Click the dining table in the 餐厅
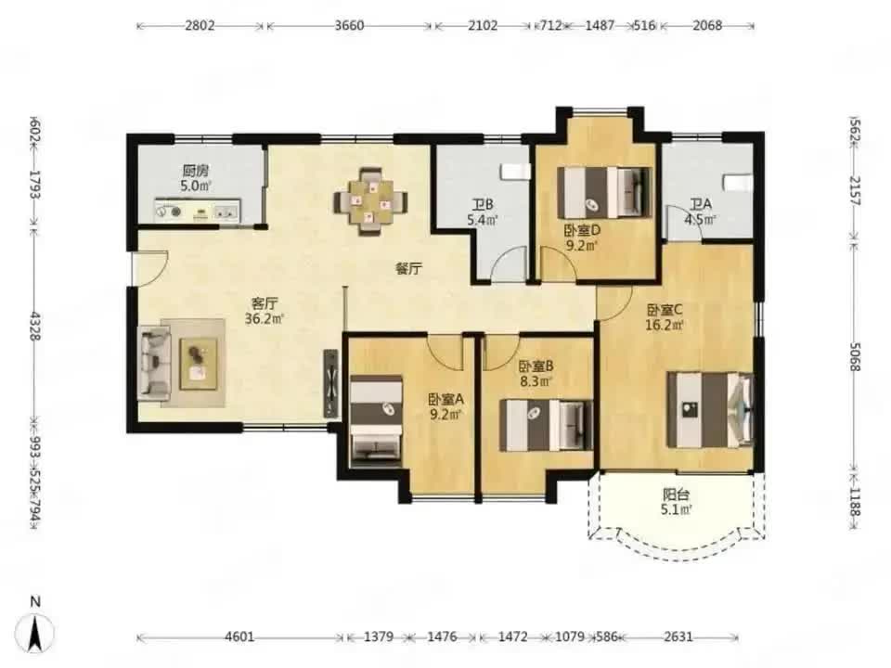pos(370,201)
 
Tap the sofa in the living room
pos(155,363)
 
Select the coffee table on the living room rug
pos(199,364)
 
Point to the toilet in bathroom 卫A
pos(737,184)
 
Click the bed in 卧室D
pos(604,193)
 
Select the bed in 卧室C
pos(710,409)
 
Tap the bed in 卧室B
pos(546,426)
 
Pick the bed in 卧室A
pos(376,421)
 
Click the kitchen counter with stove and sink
pos(197,211)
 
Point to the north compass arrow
pos(35,632)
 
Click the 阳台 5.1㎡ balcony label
pos(676,502)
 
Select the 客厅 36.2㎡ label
pos(265,312)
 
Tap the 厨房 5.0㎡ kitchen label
pos(196,178)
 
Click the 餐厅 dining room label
pos(408,269)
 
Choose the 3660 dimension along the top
pos(349,26)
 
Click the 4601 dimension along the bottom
pos(239,637)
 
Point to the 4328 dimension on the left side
pos(35,326)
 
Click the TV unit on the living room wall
pos(330,383)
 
